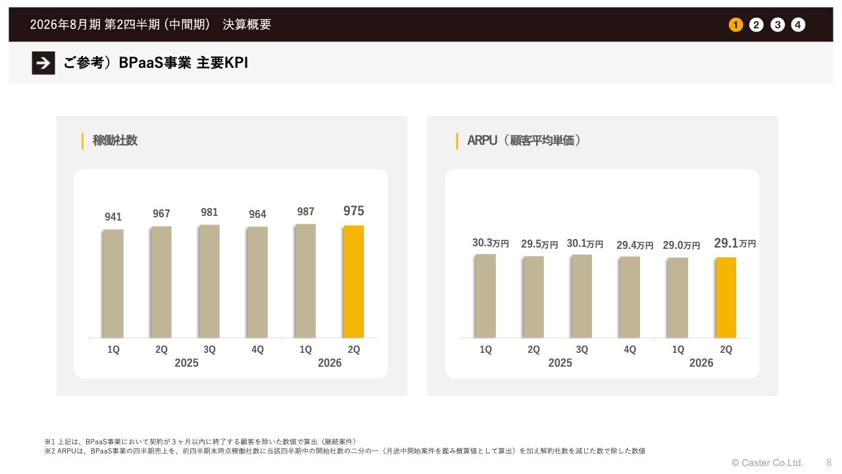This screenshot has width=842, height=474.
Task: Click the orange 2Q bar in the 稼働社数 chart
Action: (x=353, y=282)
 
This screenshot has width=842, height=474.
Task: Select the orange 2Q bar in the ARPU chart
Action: (x=726, y=298)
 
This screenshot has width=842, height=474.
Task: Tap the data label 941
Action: (x=113, y=217)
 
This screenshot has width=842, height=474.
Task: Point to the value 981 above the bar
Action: (x=209, y=213)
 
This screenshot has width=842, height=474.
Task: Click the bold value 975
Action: (x=353, y=211)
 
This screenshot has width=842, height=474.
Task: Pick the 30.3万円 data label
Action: (x=490, y=243)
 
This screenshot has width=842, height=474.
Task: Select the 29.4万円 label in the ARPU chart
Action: (x=634, y=245)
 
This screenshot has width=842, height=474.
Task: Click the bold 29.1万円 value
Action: (x=734, y=243)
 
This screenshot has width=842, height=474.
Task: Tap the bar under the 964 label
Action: (x=257, y=282)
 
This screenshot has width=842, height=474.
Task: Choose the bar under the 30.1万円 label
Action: (x=582, y=296)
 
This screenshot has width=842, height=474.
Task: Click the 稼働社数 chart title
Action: (x=115, y=140)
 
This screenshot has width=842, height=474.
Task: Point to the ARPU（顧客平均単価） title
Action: (x=524, y=140)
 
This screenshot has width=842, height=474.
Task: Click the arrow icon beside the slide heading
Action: (x=43, y=63)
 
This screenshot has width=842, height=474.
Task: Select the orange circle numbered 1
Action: (x=735, y=25)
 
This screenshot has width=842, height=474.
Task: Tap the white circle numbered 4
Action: (x=798, y=25)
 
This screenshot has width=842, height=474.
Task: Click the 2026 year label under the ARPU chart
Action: (x=701, y=363)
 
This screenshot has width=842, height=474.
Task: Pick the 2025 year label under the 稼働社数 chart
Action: (x=186, y=363)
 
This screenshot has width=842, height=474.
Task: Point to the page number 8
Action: (x=829, y=463)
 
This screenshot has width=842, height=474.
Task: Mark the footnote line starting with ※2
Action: (x=345, y=451)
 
